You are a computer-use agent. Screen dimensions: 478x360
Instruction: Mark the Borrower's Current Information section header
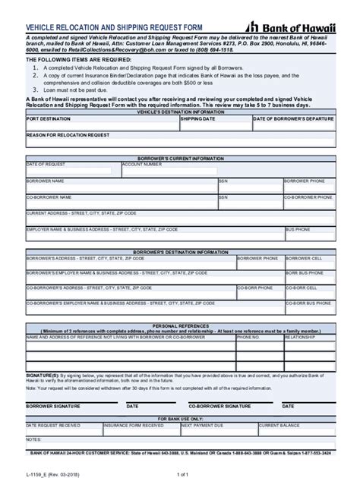180,158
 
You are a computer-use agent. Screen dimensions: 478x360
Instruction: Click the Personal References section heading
180,324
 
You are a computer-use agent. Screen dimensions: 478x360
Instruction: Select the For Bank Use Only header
180,418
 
